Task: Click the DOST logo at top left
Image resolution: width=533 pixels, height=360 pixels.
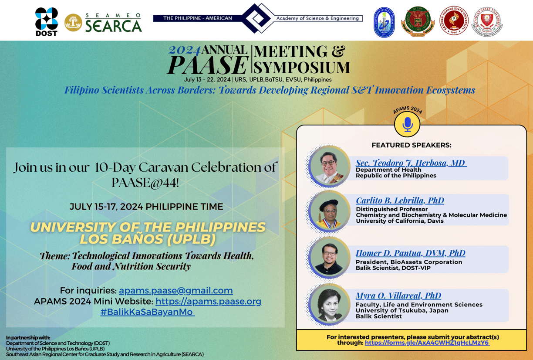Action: point(46,21)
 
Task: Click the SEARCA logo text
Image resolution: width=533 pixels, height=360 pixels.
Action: point(113,25)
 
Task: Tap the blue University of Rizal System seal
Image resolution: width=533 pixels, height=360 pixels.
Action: point(384,22)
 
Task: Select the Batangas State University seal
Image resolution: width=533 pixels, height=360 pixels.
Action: point(487,22)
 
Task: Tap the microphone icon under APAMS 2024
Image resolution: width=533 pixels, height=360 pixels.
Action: point(407,124)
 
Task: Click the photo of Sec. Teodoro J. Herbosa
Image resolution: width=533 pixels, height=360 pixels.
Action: point(329,166)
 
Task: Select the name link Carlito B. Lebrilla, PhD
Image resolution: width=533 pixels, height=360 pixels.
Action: point(400,200)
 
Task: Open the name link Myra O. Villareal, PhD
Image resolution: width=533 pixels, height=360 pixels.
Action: point(398,295)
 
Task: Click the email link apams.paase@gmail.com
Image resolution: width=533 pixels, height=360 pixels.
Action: point(175,290)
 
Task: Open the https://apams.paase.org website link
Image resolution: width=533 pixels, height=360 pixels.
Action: point(208,301)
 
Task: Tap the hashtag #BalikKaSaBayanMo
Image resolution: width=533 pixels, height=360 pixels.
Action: point(147,312)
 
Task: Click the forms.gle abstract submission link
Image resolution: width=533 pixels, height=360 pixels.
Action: point(427,343)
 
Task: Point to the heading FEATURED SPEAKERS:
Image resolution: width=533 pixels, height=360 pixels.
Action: point(411,145)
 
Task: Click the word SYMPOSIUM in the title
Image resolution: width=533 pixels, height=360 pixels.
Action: point(302,68)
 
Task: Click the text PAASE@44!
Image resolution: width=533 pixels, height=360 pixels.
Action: point(145,183)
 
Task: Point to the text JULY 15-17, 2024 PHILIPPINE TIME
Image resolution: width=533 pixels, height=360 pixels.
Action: point(146,207)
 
